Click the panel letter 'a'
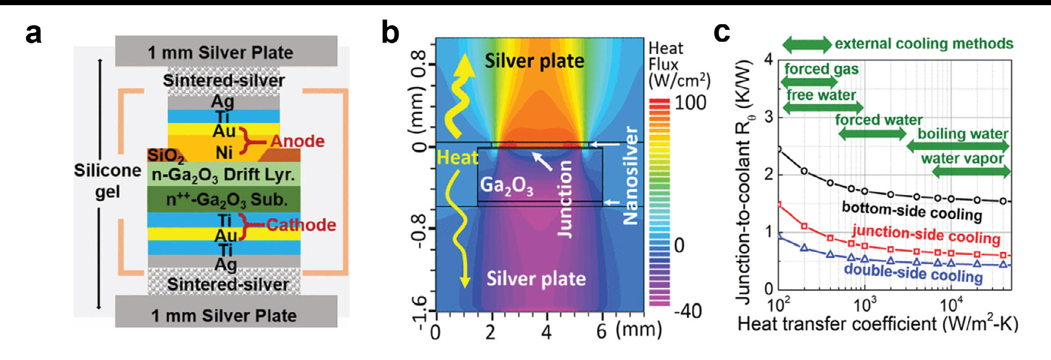tap(33, 34)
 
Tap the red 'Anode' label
tap(297, 141)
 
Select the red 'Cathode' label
tap(301, 225)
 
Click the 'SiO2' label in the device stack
tap(165, 155)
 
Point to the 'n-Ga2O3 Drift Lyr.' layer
tap(223, 175)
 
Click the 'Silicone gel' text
tap(107, 181)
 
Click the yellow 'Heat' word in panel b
tap(457, 157)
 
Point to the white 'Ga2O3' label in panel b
tap(506, 185)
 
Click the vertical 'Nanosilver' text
tap(631, 175)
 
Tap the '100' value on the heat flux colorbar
tap(691, 102)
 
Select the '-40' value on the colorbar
tap(687, 311)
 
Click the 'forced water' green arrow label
tap(878, 120)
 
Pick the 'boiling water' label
tap(962, 133)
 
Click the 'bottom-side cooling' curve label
tap(911, 211)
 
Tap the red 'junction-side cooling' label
tap(925, 235)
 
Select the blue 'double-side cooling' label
tap(913, 272)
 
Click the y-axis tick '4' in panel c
tap(768, 60)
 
